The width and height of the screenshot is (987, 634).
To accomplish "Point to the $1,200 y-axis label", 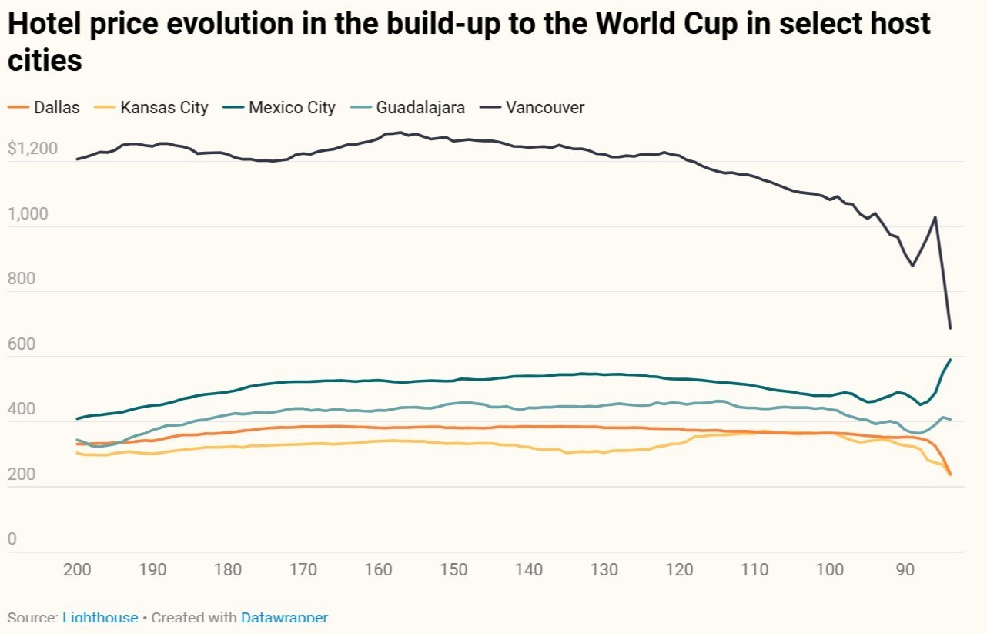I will (x=32, y=149).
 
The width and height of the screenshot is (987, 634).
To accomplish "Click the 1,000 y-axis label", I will (x=28, y=214).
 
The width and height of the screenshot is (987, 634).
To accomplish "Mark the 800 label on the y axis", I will (x=22, y=279).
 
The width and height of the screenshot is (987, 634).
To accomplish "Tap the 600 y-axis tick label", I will (x=22, y=344).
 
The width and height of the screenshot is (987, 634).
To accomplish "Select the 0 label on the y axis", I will (x=12, y=539).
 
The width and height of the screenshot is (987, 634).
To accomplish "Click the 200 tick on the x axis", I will (x=77, y=570).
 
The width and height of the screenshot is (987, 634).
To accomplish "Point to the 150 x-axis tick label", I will (x=454, y=570).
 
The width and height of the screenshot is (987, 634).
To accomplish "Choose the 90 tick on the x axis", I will (x=906, y=570).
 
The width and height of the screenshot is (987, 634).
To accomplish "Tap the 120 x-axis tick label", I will (x=680, y=570).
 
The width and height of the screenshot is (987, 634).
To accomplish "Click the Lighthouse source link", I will (x=100, y=618).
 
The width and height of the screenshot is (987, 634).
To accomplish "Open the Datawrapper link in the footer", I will (x=284, y=618).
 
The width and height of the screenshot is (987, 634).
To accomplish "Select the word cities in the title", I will (x=45, y=61).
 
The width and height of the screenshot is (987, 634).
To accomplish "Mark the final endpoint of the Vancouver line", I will (x=951, y=329).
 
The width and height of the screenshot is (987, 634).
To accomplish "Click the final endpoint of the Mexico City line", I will (x=951, y=360).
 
